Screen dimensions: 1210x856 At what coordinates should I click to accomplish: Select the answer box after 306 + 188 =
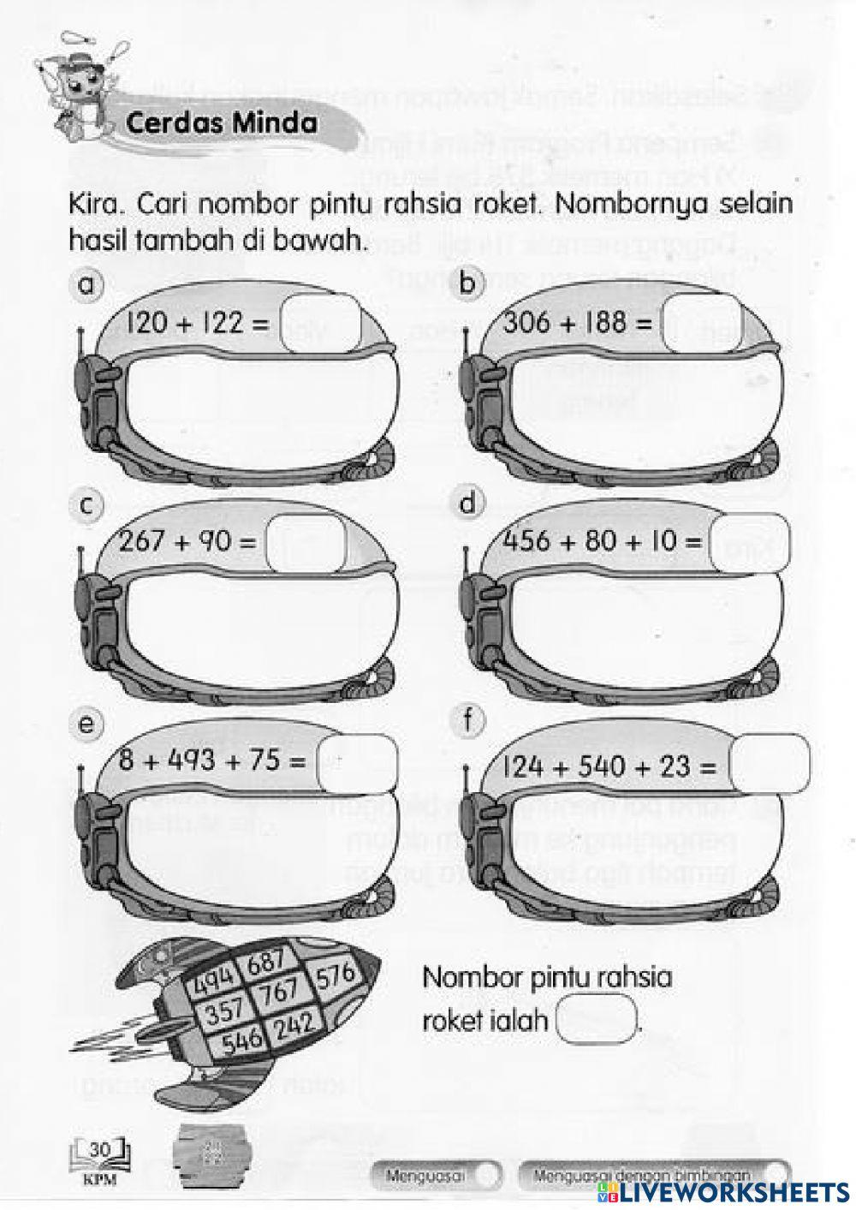[700, 323]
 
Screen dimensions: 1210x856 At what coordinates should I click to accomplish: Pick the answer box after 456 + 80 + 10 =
[748, 541]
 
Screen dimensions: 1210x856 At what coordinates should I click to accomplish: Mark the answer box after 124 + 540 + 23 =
[769, 764]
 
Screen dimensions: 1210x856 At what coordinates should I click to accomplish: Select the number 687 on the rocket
[266, 963]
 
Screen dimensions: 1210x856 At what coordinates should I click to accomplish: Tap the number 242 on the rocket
[294, 1024]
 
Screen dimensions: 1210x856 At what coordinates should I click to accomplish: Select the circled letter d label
[467, 504]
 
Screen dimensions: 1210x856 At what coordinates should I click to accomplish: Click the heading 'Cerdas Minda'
[221, 123]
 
